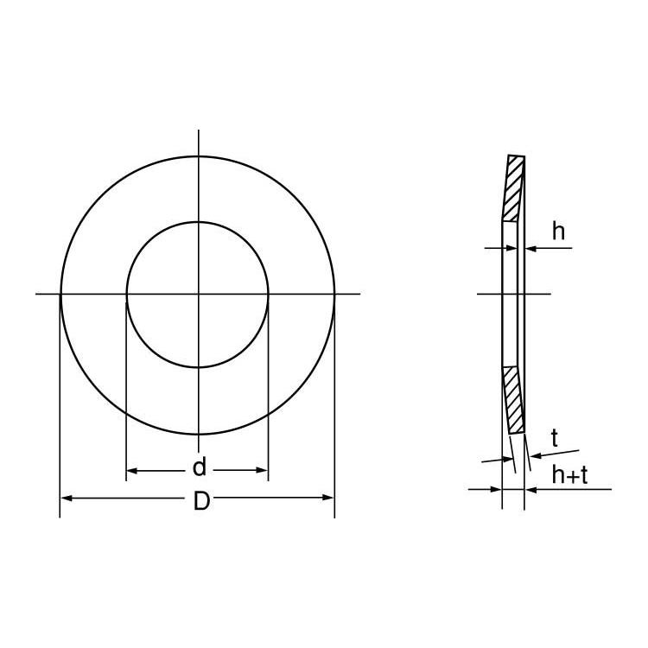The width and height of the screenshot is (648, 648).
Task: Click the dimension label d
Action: (x=200, y=467)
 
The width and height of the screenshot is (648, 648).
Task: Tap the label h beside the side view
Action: (x=558, y=231)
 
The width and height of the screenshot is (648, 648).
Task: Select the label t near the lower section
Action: (x=554, y=438)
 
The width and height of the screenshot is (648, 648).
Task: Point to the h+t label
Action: (x=569, y=475)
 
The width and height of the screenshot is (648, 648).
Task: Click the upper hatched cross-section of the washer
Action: (x=515, y=188)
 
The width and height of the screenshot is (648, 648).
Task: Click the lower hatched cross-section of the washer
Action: (x=515, y=400)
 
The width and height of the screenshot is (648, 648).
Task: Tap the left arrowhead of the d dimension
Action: (x=132, y=471)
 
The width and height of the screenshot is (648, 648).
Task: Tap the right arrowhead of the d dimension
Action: (x=263, y=470)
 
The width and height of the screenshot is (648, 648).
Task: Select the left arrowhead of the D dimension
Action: (x=67, y=499)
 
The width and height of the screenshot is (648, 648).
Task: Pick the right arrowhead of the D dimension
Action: (x=328, y=497)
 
